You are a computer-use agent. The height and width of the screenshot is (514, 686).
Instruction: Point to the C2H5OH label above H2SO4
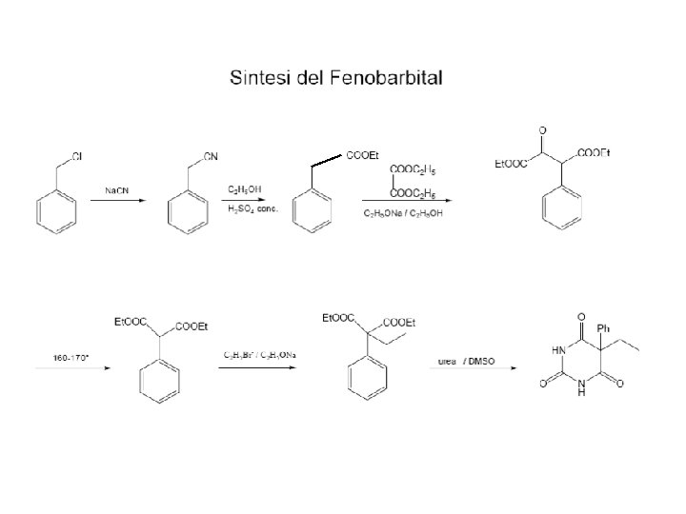244,189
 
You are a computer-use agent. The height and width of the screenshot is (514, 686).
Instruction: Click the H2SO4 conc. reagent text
252,209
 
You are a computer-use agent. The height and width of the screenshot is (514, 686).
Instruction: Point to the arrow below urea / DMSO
476,371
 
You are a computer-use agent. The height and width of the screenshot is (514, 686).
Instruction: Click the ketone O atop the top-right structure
541,129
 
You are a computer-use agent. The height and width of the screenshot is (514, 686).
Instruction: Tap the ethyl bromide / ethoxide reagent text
259,355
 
